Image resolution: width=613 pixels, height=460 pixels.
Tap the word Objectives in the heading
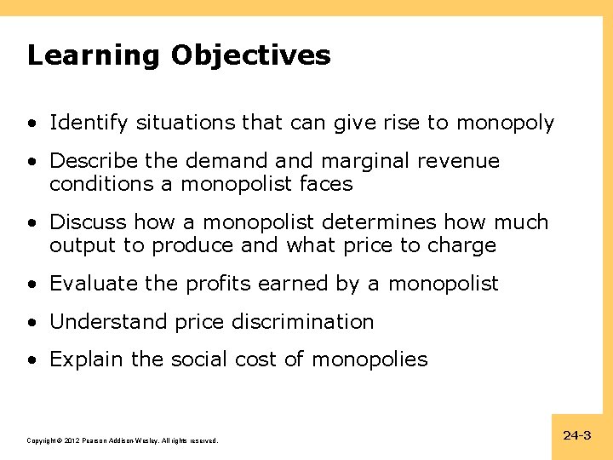pyautogui.click(x=250, y=56)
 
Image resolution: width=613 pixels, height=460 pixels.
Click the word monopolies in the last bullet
pyautogui.click(x=370, y=359)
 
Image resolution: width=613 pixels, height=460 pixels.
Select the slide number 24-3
pyautogui.click(x=576, y=435)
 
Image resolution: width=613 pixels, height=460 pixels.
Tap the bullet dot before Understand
pyautogui.click(x=32, y=322)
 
